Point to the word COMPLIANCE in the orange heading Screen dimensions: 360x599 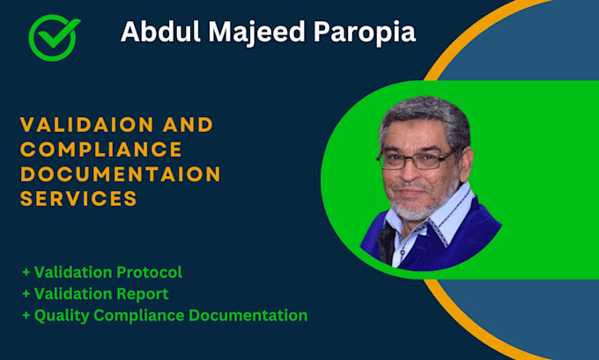click(x=100, y=150)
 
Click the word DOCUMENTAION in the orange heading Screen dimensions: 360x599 click(x=120, y=174)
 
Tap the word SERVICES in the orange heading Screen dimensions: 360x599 click(x=78, y=199)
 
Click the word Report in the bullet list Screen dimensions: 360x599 click(x=143, y=293)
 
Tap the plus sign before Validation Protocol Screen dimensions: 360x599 click(x=26, y=272)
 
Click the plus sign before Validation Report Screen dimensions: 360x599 click(x=26, y=293)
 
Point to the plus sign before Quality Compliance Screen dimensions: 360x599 click(x=26, y=314)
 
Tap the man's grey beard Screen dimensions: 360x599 click(x=413, y=208)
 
